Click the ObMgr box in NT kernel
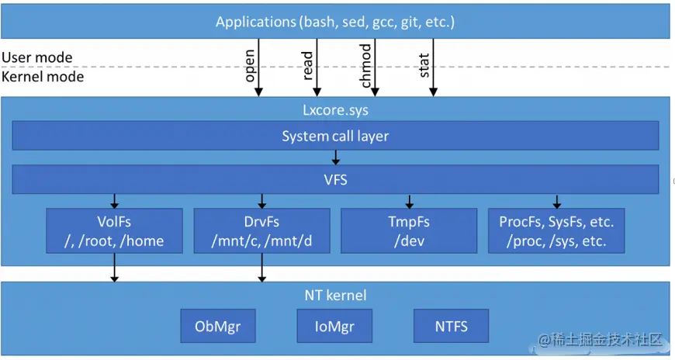[x=218, y=326]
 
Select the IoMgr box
[x=334, y=326]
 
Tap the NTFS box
[x=451, y=326]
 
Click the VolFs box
[x=115, y=230]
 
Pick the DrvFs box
[x=261, y=230]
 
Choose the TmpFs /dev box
[x=409, y=230]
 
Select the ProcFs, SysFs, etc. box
[x=556, y=230]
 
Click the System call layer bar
[x=335, y=136]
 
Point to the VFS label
[x=335, y=179]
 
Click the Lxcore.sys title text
[x=335, y=110]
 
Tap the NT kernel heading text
[x=335, y=296]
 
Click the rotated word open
[x=250, y=65]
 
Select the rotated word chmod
[x=365, y=65]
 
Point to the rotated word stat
[x=424, y=65]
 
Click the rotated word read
[x=307, y=65]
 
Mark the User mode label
[x=37, y=57]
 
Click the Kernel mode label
[x=43, y=77]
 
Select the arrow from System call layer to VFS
[x=336, y=157]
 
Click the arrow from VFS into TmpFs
[x=410, y=201]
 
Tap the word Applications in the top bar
[x=256, y=22]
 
